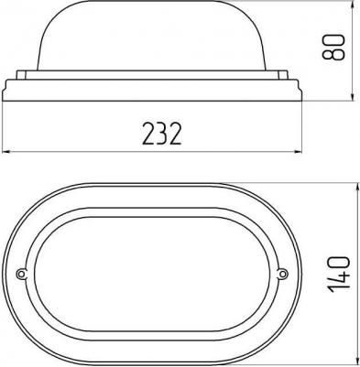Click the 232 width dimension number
coord(162,134)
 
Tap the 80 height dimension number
coord(333,47)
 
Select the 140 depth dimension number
coord(338,275)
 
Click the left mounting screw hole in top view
coord(21,274)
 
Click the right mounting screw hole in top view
coord(283,274)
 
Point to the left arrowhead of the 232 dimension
coord(6,151)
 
